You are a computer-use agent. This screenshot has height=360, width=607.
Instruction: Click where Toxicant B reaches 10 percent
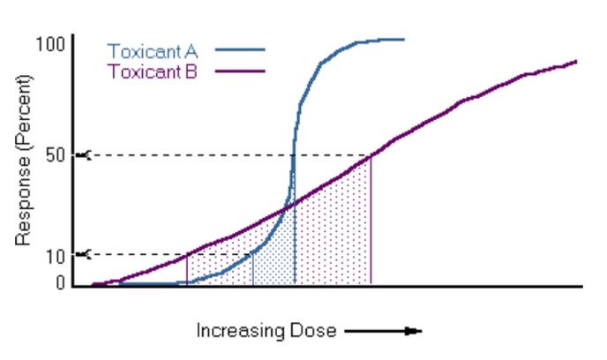pos(187,255)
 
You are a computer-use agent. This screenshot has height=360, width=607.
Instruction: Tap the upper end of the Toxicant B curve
pos(574,62)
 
